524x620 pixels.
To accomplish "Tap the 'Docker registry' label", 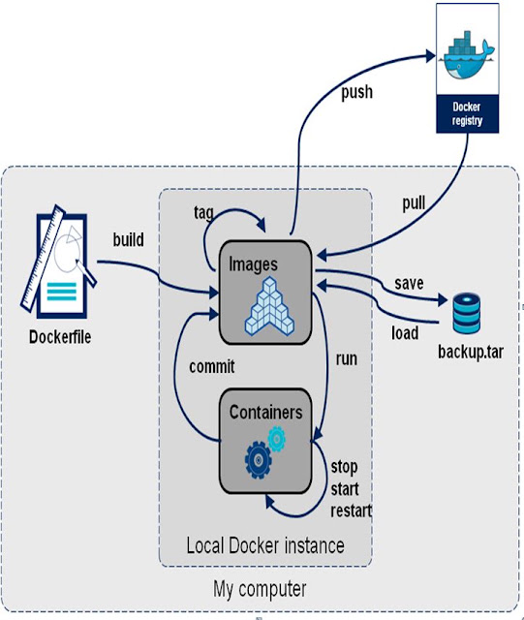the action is (x=467, y=114).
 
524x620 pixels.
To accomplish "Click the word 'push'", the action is (x=357, y=93).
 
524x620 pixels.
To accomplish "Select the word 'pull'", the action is (x=414, y=203).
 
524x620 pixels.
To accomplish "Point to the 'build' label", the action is (x=129, y=239).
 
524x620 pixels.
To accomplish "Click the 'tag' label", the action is (x=203, y=213).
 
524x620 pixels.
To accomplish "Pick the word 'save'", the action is (x=409, y=284).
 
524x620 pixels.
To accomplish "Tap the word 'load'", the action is (x=405, y=333).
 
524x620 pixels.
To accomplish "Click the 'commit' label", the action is (x=212, y=366).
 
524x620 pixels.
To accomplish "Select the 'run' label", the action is (x=347, y=359).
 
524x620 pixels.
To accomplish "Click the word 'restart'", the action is (x=352, y=511).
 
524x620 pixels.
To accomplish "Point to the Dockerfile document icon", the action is (x=59, y=262).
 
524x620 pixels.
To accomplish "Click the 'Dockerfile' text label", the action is (x=60, y=337).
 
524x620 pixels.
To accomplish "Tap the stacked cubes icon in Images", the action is (x=269, y=306).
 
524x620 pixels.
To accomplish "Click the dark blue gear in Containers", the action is (x=259, y=460).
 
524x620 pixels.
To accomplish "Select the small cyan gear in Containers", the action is (x=276, y=439).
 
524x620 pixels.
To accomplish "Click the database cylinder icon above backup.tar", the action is (x=467, y=313).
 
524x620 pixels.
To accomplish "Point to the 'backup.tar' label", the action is (x=471, y=352).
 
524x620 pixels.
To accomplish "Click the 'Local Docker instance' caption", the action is (x=265, y=545).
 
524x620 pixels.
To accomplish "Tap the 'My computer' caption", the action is (x=260, y=590).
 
